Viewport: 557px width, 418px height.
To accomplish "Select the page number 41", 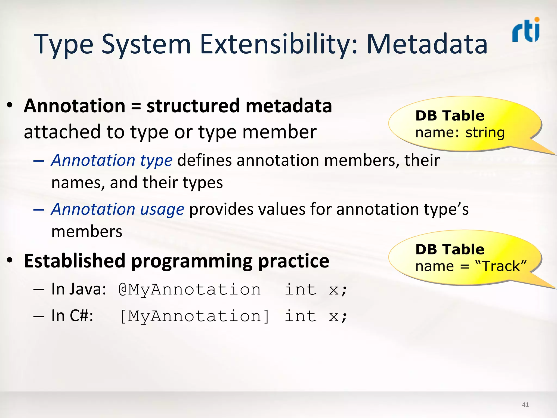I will tap(525, 405).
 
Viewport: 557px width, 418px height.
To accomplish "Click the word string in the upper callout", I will tap(485, 133).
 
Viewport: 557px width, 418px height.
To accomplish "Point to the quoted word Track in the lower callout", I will tap(501, 266).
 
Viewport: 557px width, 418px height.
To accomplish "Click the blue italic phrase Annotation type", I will tap(112, 160).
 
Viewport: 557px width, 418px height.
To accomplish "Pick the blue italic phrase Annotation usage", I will tap(118, 209).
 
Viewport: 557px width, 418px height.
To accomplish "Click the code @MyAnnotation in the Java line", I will tap(190, 290).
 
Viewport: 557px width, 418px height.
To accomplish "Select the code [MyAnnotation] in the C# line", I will tap(194, 316).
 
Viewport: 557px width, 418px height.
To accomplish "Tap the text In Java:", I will tap(79, 289).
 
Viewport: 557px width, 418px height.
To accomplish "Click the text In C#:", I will tap(72, 316).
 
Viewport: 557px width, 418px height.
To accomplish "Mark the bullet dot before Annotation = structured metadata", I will tap(10, 105).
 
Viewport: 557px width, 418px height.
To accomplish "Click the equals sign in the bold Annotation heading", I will tap(136, 106).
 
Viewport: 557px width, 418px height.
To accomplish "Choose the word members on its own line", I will tap(87, 232).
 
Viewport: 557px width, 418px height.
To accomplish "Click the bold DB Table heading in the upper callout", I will tap(450, 116).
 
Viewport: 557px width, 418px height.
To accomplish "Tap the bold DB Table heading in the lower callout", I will tap(450, 249).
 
